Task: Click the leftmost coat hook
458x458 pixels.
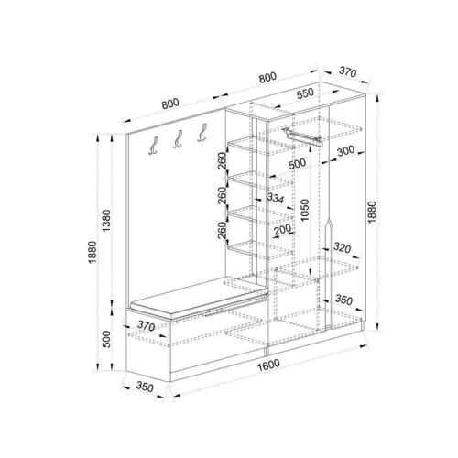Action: point(154,146)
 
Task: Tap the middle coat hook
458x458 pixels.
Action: point(178,139)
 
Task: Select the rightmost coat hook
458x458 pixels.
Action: point(202,133)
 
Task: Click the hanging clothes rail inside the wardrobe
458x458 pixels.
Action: point(302,137)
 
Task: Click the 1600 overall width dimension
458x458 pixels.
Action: point(268,365)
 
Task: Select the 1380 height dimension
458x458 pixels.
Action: point(106,221)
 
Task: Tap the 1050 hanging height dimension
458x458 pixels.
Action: point(304,210)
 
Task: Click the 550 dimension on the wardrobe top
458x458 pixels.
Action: point(305,93)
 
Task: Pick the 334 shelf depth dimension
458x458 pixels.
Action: point(276,198)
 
